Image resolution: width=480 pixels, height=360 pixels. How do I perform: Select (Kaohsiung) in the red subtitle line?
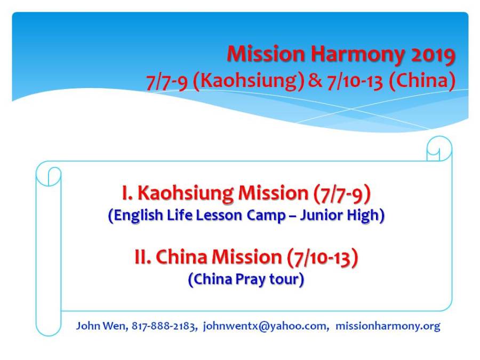(x=249, y=81)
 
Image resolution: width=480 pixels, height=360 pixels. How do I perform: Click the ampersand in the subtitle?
(x=315, y=81)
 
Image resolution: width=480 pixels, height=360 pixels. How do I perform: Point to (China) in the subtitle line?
(x=422, y=81)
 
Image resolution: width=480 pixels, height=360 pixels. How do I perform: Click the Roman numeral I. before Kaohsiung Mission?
(x=127, y=193)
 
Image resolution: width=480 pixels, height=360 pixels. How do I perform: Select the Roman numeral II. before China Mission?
(x=143, y=257)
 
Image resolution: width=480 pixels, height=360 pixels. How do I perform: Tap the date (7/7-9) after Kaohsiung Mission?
(x=342, y=194)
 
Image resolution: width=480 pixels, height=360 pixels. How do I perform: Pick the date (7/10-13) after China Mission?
(x=322, y=258)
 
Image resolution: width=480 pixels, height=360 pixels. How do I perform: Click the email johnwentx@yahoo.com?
(x=266, y=326)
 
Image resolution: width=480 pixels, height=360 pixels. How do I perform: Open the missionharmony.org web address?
(x=388, y=326)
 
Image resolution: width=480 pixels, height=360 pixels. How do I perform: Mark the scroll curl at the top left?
(x=49, y=174)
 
